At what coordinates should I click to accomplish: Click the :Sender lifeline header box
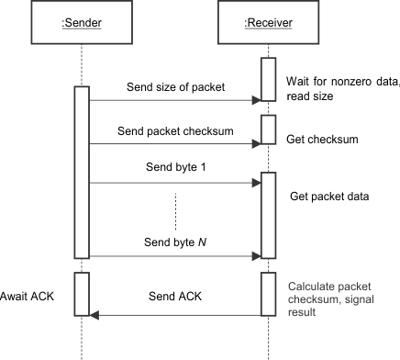point(81,23)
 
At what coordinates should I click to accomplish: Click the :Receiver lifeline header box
point(267,23)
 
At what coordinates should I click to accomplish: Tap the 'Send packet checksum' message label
point(172,131)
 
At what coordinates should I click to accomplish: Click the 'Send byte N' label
point(172,242)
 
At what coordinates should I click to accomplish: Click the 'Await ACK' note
point(30,297)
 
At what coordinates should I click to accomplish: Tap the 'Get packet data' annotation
point(327,197)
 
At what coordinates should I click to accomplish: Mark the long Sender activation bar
point(82,172)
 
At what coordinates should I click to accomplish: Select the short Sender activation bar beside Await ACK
point(82,294)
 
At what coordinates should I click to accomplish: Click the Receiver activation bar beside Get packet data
point(267,214)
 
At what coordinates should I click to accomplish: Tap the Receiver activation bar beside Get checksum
point(267,129)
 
